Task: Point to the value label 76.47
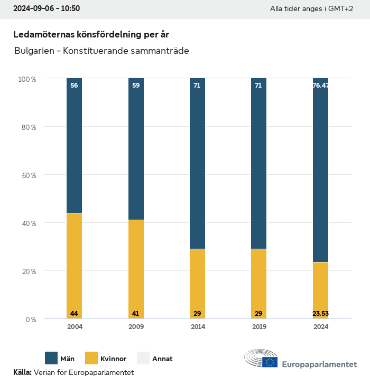tap(320, 86)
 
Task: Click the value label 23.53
tap(320, 314)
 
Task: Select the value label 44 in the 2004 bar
tap(74, 314)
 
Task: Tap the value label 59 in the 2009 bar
tap(136, 86)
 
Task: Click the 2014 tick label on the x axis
tap(197, 327)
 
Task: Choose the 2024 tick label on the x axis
tap(320, 327)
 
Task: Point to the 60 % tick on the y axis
tap(27, 175)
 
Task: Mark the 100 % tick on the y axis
tap(27, 79)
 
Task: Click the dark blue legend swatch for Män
tap(51, 359)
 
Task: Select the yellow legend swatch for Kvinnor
tap(91, 359)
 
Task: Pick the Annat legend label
tap(162, 359)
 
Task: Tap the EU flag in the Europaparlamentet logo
tap(270, 362)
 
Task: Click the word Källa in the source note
tap(22, 373)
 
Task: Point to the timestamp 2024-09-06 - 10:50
tap(47, 9)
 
